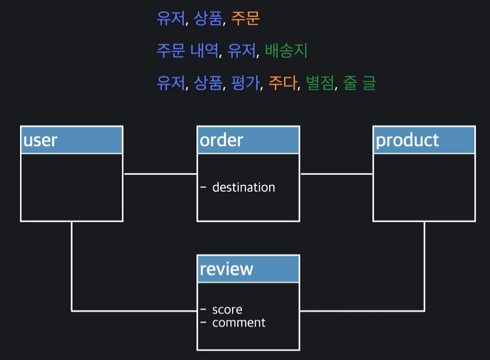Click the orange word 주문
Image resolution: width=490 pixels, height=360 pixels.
[x=245, y=19]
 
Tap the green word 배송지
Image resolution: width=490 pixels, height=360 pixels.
[x=286, y=51]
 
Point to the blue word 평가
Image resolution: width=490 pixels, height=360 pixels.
[x=247, y=84]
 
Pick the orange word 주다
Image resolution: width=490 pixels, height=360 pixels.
[x=283, y=84]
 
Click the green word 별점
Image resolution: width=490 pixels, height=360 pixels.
[x=320, y=84]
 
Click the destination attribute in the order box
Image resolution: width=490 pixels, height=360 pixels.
[x=243, y=187]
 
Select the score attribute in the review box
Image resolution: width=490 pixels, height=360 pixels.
[x=227, y=310]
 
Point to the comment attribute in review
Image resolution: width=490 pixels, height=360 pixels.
[x=239, y=323]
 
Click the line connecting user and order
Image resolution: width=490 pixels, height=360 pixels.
[x=160, y=174]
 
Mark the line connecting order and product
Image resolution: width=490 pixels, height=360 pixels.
[x=336, y=174]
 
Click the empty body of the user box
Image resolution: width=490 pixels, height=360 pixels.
[x=71, y=187]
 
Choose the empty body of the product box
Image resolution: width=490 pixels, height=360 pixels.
[x=424, y=187]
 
